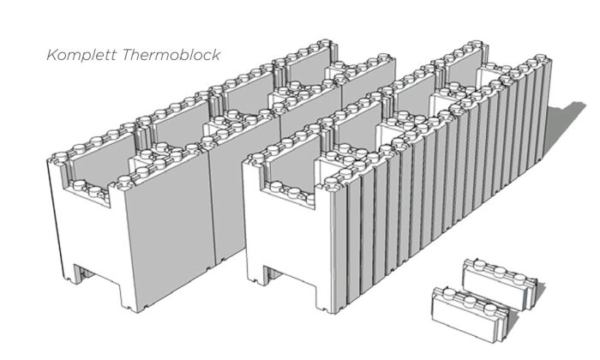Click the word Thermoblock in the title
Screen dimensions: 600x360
click(x=171, y=54)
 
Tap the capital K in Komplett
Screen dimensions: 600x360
click(x=51, y=54)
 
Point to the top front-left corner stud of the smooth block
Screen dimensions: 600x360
click(x=59, y=156)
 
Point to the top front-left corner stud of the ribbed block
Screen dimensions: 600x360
click(x=255, y=157)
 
